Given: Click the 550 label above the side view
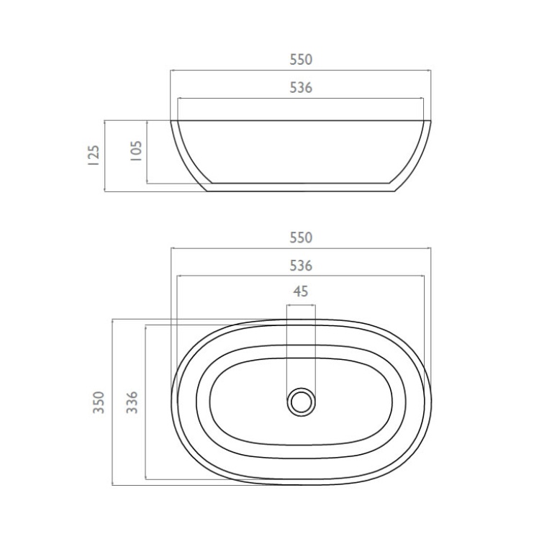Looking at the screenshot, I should (x=301, y=60).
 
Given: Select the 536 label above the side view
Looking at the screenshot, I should (x=301, y=88).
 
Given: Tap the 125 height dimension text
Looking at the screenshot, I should (x=91, y=155).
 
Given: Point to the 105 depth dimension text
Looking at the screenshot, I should (x=135, y=152).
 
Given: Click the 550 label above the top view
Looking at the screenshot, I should (x=301, y=237).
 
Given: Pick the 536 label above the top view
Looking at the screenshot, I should (x=301, y=266).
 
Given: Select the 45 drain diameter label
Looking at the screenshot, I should (x=301, y=291).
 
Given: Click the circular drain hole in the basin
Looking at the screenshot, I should (x=301, y=400).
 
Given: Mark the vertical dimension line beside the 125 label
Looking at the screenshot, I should (x=105, y=155).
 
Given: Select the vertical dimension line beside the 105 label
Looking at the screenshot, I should (x=147, y=152).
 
